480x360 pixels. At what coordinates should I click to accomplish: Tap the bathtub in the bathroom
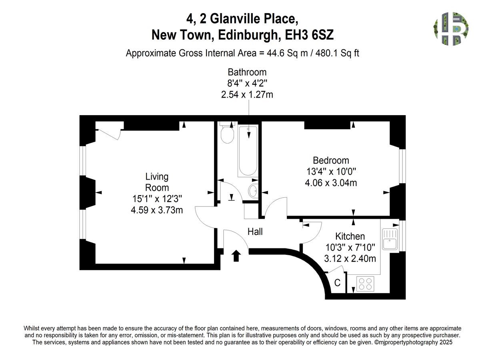coord(248,151)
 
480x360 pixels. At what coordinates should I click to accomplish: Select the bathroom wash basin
coord(253,191)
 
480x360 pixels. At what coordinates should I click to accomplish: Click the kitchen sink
coord(390,239)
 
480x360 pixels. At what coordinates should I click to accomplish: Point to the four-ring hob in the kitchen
coord(366,284)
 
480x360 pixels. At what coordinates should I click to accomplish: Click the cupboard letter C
coord(337,283)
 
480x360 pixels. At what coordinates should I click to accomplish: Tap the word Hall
coord(255,232)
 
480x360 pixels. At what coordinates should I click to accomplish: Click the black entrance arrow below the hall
coord(236,256)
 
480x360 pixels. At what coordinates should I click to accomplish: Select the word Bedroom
coord(331,160)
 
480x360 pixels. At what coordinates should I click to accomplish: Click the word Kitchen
coord(350,236)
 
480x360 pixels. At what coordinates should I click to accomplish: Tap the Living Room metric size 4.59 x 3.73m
coord(157,210)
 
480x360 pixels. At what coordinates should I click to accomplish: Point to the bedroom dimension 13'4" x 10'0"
coord(331,172)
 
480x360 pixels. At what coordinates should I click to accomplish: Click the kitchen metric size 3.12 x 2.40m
coord(350,259)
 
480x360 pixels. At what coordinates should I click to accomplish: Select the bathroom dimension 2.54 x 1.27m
coord(247,95)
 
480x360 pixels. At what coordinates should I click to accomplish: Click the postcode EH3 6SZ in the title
coord(309,35)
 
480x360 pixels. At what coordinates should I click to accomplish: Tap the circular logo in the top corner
coord(451,29)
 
